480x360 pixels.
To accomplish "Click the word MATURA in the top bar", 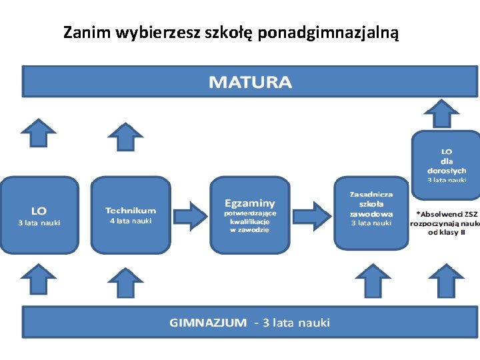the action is click(250, 83).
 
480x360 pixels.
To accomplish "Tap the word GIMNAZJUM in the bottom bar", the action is click(207, 323).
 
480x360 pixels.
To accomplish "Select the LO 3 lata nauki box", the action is click(39, 215).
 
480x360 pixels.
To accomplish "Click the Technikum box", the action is click(130, 215).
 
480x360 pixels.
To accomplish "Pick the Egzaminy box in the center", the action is click(250, 215).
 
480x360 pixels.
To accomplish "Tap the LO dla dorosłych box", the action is click(446, 165).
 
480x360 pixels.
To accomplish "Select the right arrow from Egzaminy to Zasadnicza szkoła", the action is click(312, 215).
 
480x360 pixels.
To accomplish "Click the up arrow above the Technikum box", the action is click(125, 137).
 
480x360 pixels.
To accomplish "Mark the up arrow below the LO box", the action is click(39, 279).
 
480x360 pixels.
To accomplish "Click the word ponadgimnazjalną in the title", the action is click(328, 32).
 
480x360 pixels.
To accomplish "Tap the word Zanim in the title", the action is click(87, 32).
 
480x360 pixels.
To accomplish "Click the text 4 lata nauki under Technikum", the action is click(130, 221).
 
